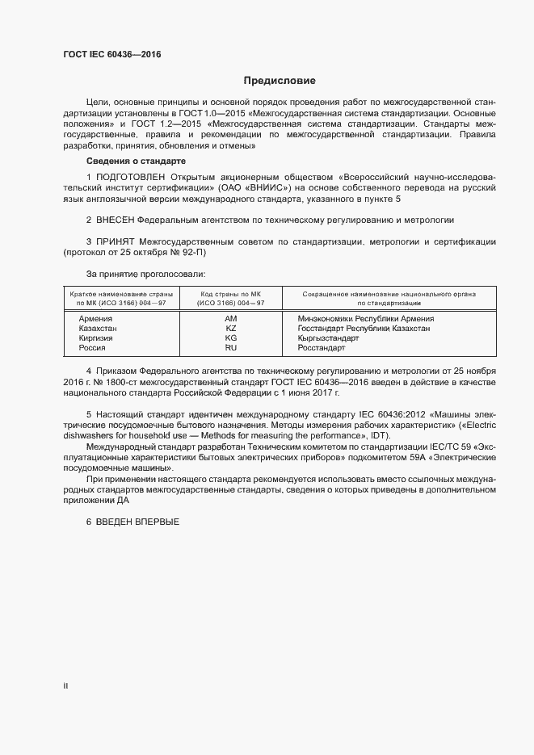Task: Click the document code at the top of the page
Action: point(112,54)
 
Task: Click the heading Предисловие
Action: point(280,81)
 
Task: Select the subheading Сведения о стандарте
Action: point(136,161)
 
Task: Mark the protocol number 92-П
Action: point(205,253)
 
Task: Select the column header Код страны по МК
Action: point(230,295)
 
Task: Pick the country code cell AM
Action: point(230,319)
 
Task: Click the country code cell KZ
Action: point(230,329)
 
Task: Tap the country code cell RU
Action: point(230,347)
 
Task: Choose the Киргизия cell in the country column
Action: point(96,338)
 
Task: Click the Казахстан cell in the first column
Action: point(98,329)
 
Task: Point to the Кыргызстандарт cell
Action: point(327,338)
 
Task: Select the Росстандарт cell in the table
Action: point(321,347)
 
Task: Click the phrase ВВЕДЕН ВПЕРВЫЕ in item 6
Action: point(137,522)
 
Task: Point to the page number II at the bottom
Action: point(65,686)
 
